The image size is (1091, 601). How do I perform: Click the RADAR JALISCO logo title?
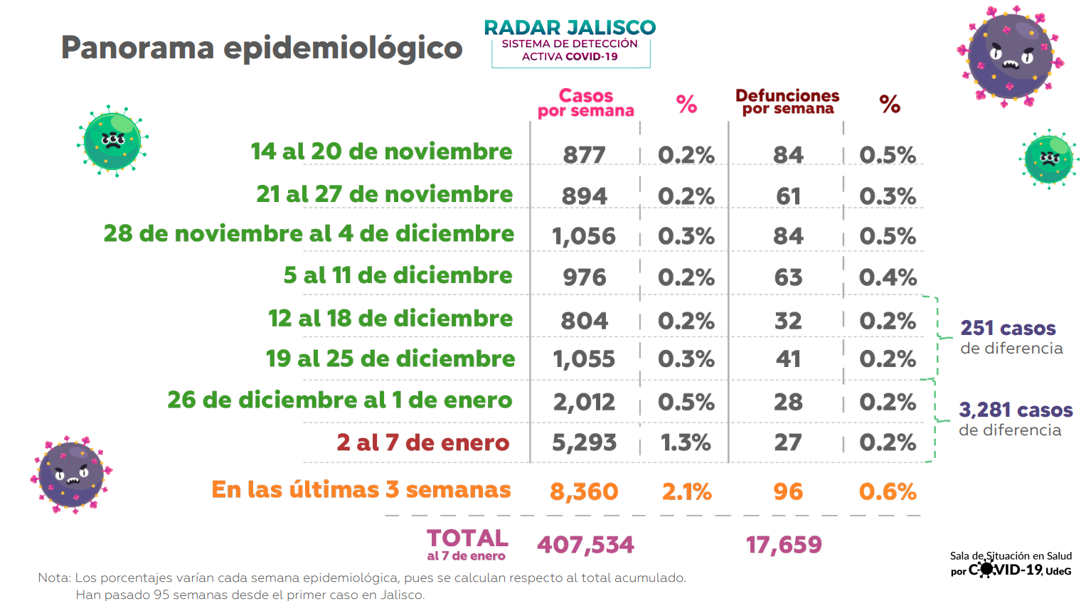coord(570,27)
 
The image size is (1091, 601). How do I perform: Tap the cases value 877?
coord(584,154)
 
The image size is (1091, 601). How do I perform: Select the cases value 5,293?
coord(584,442)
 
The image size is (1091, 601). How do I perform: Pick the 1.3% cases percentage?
coord(686,442)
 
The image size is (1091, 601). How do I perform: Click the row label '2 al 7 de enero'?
coord(422,442)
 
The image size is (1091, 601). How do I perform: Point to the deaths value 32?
coord(788,321)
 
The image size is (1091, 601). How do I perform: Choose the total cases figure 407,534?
coord(585,545)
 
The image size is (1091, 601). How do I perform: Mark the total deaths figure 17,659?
coord(784,545)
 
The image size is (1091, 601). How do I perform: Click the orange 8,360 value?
coord(584,491)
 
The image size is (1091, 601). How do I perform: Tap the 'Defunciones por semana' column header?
coord(787,102)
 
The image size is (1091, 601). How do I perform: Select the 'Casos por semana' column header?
coord(585,103)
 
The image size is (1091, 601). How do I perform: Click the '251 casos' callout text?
coord(1008,329)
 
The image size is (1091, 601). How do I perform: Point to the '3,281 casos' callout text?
coord(1016,410)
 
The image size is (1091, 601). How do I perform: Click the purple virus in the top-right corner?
coord(1010,55)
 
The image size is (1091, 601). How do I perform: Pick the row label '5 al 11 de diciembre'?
coord(398,275)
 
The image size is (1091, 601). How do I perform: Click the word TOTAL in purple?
coord(467,538)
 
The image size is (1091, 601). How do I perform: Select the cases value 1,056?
coord(584,236)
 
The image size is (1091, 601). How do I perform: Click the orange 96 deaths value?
coord(788,491)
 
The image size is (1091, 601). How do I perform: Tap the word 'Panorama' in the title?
coord(137,48)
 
